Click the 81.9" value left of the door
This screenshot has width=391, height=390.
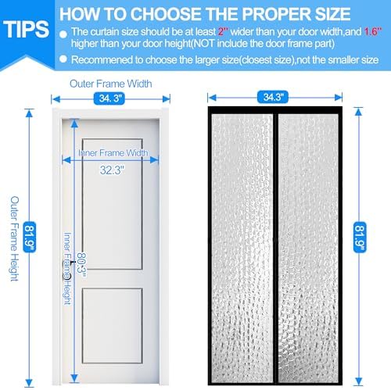30,234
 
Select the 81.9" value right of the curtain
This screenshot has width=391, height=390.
361,234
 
